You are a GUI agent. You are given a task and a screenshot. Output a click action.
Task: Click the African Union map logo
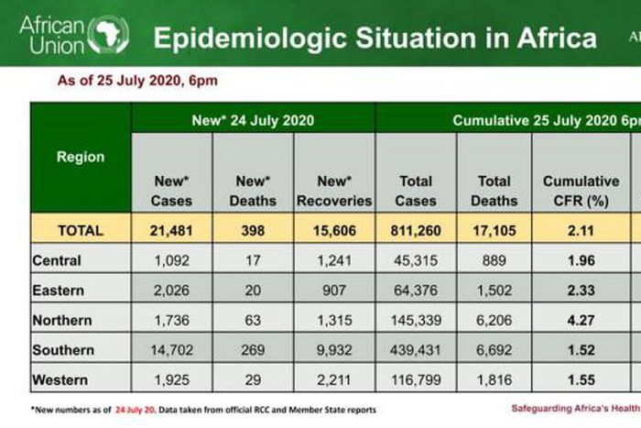pos(108,35)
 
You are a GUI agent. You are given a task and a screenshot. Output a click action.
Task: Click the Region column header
pos(81,157)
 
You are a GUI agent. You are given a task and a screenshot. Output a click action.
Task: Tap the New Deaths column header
pos(253,190)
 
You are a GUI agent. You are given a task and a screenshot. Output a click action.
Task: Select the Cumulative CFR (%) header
pos(581,190)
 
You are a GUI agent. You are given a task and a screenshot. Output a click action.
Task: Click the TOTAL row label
pos(81,231)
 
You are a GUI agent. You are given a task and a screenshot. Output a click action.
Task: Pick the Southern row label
pos(63,350)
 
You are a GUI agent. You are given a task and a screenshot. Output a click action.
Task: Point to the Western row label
pos(61,379)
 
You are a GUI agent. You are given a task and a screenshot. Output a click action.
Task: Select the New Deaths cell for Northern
pos(253,321)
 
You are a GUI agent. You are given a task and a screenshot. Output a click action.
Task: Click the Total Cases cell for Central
pos(416,260)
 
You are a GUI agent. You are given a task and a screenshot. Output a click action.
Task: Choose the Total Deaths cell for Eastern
pos(493,291)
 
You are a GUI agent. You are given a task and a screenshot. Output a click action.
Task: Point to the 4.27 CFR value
pos(581,321)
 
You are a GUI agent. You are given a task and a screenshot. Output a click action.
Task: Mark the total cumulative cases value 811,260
pos(416,231)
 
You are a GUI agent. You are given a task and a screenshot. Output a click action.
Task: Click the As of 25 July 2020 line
pos(137,82)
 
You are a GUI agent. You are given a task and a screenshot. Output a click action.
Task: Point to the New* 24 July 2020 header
pos(253,119)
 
